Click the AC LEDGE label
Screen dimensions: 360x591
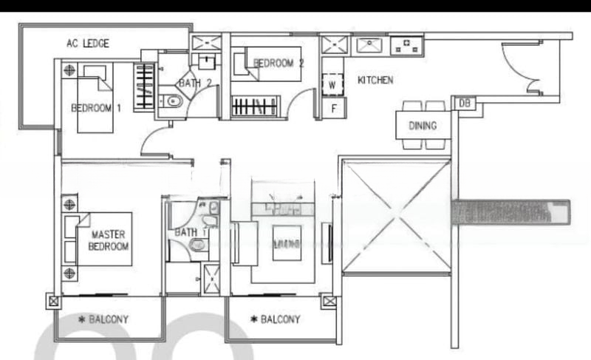pos(88,44)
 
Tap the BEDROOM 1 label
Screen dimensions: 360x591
pos(95,108)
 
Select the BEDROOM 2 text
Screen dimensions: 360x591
pos(279,64)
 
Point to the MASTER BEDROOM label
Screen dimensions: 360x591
pos(109,240)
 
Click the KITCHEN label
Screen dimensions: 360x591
pos(375,81)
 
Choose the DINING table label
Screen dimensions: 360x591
pos(423,126)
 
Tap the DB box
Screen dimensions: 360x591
pos(464,103)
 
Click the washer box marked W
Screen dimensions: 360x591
pos(332,84)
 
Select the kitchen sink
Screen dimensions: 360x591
pos(367,46)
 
